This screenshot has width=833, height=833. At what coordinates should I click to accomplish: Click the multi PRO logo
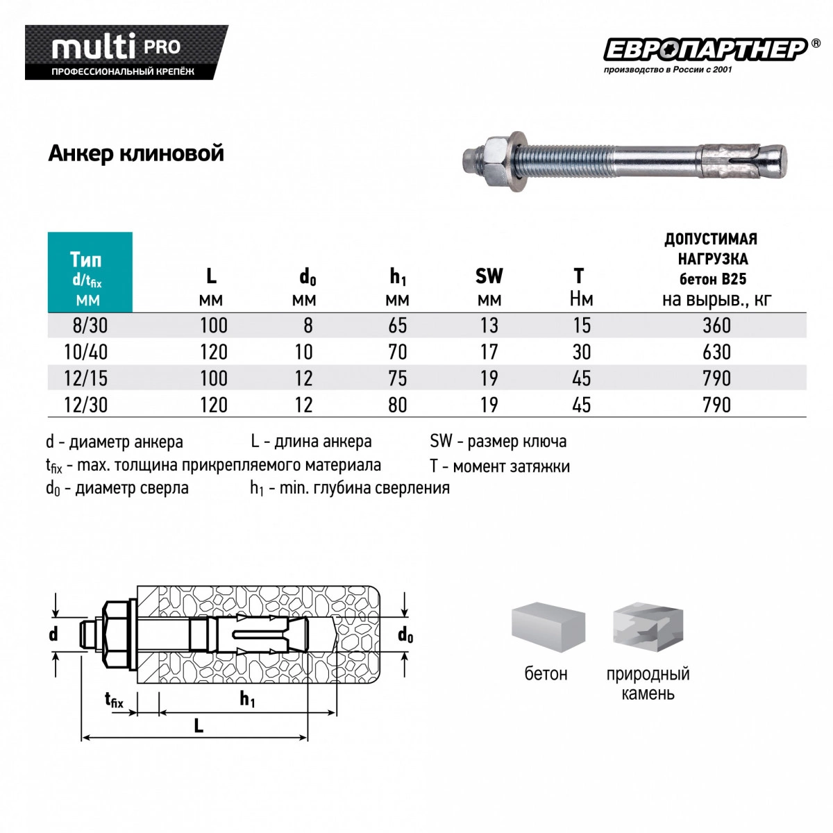coord(126,52)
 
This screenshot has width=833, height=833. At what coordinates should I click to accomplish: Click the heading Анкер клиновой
coord(136,153)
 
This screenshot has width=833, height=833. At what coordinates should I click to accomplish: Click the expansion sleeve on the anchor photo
coord(730,161)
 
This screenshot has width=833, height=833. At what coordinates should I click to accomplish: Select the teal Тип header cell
coord(90,272)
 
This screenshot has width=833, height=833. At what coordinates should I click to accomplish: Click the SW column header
coord(489,286)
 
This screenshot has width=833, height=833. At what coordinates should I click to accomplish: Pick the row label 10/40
coord(85,352)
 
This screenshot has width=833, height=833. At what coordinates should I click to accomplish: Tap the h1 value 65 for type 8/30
coord(397,325)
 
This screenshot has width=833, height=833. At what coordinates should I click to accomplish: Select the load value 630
coord(716,352)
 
